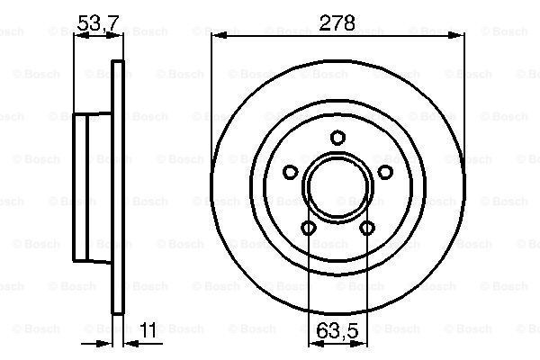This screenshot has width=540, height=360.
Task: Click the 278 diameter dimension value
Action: point(337,23)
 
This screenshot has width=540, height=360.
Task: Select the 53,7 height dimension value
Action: point(98,23)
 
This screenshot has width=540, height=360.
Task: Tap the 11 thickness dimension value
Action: point(148,330)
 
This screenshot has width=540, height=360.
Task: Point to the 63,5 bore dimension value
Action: point(337,330)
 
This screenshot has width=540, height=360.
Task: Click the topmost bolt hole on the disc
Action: point(337,138)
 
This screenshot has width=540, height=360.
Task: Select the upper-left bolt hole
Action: point(291,172)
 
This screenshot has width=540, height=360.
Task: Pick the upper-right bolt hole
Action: point(385,172)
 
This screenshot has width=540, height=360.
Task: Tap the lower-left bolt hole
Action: point(308,228)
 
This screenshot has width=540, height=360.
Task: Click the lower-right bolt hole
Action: point(367,228)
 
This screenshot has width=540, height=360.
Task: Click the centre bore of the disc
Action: point(337,186)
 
